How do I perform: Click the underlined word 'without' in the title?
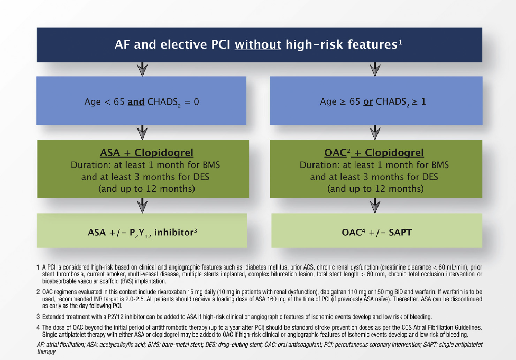pos(257,44)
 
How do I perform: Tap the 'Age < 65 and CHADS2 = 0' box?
pos(142,100)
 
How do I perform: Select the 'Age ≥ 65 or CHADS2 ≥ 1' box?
pos(376,100)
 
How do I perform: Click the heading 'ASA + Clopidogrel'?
pos(147,153)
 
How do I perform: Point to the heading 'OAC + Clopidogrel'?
pos(374,153)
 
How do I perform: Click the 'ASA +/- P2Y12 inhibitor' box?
pos(142,230)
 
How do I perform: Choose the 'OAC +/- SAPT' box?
pos(377,230)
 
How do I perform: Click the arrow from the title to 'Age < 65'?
pos(142,69)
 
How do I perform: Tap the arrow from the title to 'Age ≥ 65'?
pos(375,69)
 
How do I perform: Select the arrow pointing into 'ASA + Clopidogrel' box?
pos(142,132)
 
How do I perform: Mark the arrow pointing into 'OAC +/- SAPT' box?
pos(375,205)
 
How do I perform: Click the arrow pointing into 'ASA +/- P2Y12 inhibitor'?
pos(142,205)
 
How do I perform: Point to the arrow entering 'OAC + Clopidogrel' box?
pos(375,132)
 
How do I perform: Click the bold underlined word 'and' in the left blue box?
pos(136,101)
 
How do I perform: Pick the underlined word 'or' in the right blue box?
pos(368,101)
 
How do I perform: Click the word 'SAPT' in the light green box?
pos(400,232)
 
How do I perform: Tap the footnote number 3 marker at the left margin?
pos(38,317)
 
